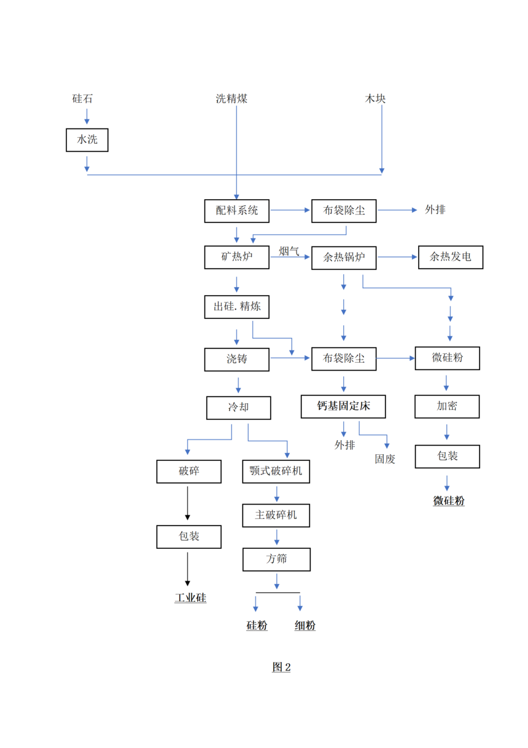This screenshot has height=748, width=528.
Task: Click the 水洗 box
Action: point(87,140)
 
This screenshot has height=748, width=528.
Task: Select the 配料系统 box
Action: point(237,210)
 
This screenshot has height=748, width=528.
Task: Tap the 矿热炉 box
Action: point(237,257)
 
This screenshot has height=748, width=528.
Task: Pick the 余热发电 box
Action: point(451,257)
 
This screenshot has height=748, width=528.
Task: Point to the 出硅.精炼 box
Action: point(237,307)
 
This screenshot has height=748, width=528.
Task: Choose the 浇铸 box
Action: point(237,359)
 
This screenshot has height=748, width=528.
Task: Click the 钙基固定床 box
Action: point(344,406)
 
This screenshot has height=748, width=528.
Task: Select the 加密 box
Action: point(447,406)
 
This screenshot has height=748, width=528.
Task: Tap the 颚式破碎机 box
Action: point(276,471)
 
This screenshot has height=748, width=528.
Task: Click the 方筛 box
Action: point(276,559)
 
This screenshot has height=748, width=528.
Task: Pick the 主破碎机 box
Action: point(276,515)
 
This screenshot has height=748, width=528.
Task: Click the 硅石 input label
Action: point(83,98)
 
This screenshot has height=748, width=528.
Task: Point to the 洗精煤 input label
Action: point(231,98)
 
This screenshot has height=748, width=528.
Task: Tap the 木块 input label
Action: point(376,98)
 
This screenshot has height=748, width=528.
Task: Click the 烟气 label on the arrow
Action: point(289,251)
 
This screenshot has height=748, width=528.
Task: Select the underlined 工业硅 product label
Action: point(190,598)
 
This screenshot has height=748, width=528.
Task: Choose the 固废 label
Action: point(386,459)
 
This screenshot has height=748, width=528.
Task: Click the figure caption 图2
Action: point(281,667)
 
